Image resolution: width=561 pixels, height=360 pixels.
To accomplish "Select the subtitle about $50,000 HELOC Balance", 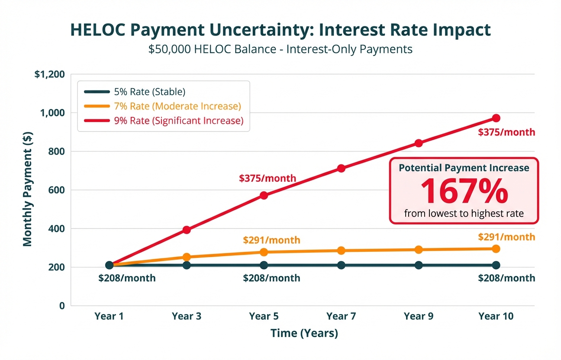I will pyautogui.click(x=280, y=49).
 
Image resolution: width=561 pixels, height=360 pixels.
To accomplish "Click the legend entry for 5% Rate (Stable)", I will pyautogui.click(x=149, y=92).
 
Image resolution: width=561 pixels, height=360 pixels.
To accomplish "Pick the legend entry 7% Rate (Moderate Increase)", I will pyautogui.click(x=177, y=106).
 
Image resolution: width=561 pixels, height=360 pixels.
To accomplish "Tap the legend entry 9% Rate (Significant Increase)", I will pyautogui.click(x=179, y=121).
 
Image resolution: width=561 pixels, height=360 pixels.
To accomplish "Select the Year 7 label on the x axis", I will pyautogui.click(x=341, y=316).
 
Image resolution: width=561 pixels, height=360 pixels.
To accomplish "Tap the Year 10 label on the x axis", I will pyautogui.click(x=496, y=316).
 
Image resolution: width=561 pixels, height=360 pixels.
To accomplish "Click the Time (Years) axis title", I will pyautogui.click(x=304, y=333).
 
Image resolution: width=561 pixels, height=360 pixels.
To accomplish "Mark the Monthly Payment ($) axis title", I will pyautogui.click(x=28, y=189).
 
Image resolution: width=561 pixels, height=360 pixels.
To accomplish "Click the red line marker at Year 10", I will pyautogui.click(x=496, y=118).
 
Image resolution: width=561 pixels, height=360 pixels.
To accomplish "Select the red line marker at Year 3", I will pyautogui.click(x=187, y=230).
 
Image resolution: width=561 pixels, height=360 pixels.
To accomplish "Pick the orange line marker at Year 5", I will pyautogui.click(x=264, y=252).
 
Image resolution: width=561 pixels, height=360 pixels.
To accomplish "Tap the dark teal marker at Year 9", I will pyautogui.click(x=419, y=265).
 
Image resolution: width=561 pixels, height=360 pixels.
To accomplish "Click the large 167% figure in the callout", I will pyautogui.click(x=464, y=191).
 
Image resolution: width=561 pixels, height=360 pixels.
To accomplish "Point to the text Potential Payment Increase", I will pyautogui.click(x=464, y=168).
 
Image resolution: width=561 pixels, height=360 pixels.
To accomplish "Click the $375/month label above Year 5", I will pyautogui.click(x=268, y=178).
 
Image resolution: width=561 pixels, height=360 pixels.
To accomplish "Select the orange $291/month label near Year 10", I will pyautogui.click(x=506, y=237).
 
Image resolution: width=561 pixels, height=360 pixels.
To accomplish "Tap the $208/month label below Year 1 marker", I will pyautogui.click(x=127, y=278).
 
